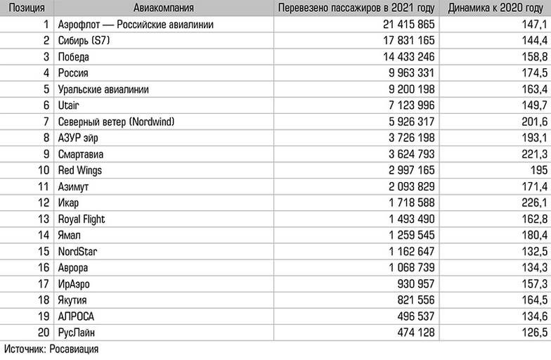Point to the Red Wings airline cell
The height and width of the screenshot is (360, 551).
point(81,171)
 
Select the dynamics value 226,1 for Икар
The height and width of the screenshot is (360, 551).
point(531,203)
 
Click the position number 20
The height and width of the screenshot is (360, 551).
point(41,333)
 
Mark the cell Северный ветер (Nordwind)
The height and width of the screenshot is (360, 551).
point(117,122)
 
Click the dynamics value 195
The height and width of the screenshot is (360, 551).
point(536,171)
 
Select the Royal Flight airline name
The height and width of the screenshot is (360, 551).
point(82,219)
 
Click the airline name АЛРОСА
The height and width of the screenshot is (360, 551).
point(77,316)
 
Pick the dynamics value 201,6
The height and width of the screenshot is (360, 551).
point(531,122)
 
